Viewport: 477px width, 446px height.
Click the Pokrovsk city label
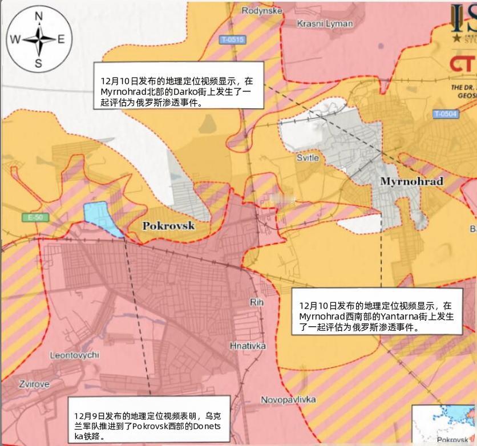click(x=168, y=225)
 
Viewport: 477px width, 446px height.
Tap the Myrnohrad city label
click(x=411, y=181)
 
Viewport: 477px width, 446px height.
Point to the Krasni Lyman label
click(x=325, y=23)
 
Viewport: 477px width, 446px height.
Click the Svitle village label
click(x=308, y=157)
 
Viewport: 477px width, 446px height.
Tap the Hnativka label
click(x=248, y=346)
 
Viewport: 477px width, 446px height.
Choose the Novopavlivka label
click(x=288, y=400)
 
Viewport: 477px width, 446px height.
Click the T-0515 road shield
click(x=232, y=39)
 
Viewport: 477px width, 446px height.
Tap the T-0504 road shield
click(x=445, y=114)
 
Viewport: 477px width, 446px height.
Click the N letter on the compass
click(x=39, y=17)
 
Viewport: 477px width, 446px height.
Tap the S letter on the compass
click(x=38, y=63)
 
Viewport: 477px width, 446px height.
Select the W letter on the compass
click(x=15, y=39)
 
